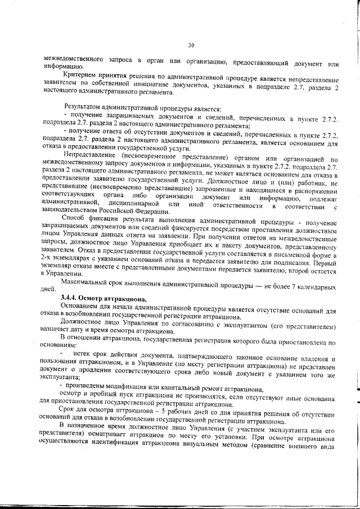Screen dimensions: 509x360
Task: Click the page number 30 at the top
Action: (x=191, y=45)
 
